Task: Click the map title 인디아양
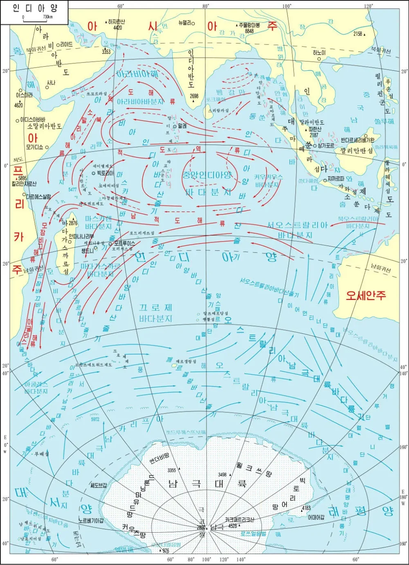click(x=35, y=8)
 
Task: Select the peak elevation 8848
click(x=249, y=31)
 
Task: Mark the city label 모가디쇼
click(x=35, y=147)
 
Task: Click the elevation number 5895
click(x=22, y=179)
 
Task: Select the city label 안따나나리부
click(x=81, y=236)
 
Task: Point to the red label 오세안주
click(x=366, y=295)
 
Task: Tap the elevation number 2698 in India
click(x=194, y=96)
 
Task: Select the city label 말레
click(x=182, y=126)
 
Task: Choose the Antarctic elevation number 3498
click(x=222, y=474)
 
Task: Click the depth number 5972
click(x=95, y=419)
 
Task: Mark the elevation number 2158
click(x=357, y=34)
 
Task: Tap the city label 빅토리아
click(x=106, y=173)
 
